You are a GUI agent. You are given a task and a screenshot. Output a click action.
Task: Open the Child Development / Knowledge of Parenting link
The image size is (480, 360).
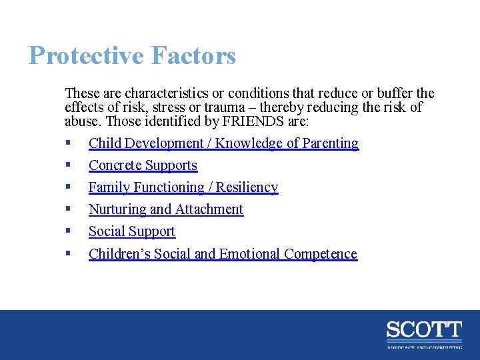[223, 143]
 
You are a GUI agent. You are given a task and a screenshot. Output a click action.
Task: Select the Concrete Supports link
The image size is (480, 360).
[143, 165]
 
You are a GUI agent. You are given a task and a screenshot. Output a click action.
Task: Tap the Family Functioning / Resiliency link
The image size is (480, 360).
[183, 187]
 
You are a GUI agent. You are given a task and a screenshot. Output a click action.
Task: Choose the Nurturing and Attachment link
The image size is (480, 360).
[166, 209]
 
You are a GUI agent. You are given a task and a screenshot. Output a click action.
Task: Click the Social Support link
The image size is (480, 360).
[132, 231]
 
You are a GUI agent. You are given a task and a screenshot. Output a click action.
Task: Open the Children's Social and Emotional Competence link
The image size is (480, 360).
[223, 254]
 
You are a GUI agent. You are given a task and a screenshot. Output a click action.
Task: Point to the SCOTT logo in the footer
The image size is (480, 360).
[424, 330]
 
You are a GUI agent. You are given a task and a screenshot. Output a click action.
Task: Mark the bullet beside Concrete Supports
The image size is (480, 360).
[69, 165]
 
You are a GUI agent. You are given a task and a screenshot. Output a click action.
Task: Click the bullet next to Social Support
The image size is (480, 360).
[69, 231]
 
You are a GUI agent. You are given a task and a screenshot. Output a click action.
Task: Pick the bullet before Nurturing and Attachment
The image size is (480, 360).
[69, 209]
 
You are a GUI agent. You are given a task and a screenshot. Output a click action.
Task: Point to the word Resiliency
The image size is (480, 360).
[247, 187]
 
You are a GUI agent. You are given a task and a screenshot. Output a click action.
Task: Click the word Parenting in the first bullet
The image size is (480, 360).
[331, 143]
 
